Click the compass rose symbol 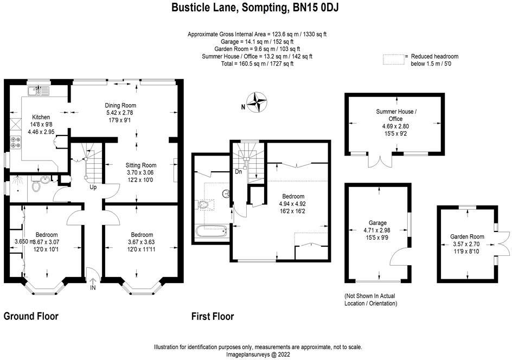point(257,102)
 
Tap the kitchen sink point(39,91)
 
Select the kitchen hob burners point(15,142)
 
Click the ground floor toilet point(36,185)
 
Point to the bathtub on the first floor point(211,232)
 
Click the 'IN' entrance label point(93,287)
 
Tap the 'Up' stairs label point(93,188)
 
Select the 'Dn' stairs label point(238,171)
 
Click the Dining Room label point(120,105)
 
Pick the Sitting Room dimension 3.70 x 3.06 point(140,172)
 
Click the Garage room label point(377,223)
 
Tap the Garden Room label point(468,236)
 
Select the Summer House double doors point(380,160)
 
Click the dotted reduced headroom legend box point(393,60)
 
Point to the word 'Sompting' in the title point(265,8)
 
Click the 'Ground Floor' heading point(31,316)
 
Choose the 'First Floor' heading point(213,316)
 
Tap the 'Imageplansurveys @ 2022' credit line point(258,354)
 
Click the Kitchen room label point(41,117)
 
